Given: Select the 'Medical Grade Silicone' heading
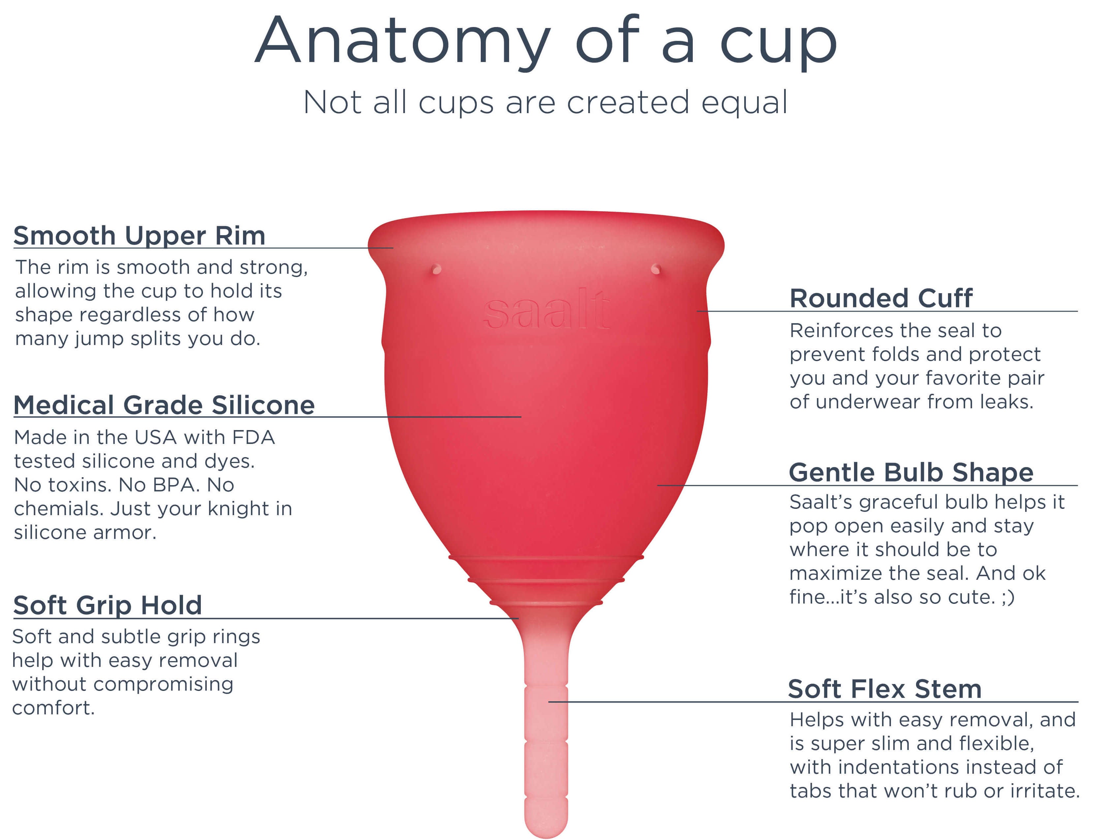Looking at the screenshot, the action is pos(164,405).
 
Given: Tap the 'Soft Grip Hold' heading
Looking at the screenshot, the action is pos(107,606).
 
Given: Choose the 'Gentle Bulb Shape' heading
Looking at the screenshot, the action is pos(911,473).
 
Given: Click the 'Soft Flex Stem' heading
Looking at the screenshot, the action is pos(885,689).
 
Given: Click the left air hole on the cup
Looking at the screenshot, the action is pos(436,269).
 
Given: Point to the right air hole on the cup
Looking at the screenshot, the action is pos(656,269).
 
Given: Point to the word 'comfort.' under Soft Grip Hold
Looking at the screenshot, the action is pos(53,708).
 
